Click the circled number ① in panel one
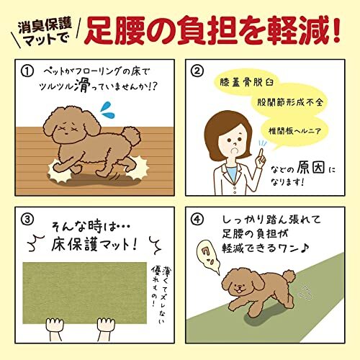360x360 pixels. point(27,71)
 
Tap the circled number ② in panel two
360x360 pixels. point(197,71)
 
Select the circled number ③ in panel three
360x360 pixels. point(27,220)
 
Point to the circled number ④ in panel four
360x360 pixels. point(197,220)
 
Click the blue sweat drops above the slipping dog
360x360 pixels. point(107,110)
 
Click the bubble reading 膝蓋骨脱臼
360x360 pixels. point(246,83)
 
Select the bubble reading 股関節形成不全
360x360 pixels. point(290,102)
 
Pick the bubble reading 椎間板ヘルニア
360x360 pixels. point(294,131)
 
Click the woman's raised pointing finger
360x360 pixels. point(261,153)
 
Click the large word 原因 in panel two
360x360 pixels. point(311,167)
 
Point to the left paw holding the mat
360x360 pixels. point(55,325)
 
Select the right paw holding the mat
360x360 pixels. point(106,325)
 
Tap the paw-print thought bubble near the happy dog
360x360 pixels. point(208,258)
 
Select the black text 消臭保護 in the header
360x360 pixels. point(45,26)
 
